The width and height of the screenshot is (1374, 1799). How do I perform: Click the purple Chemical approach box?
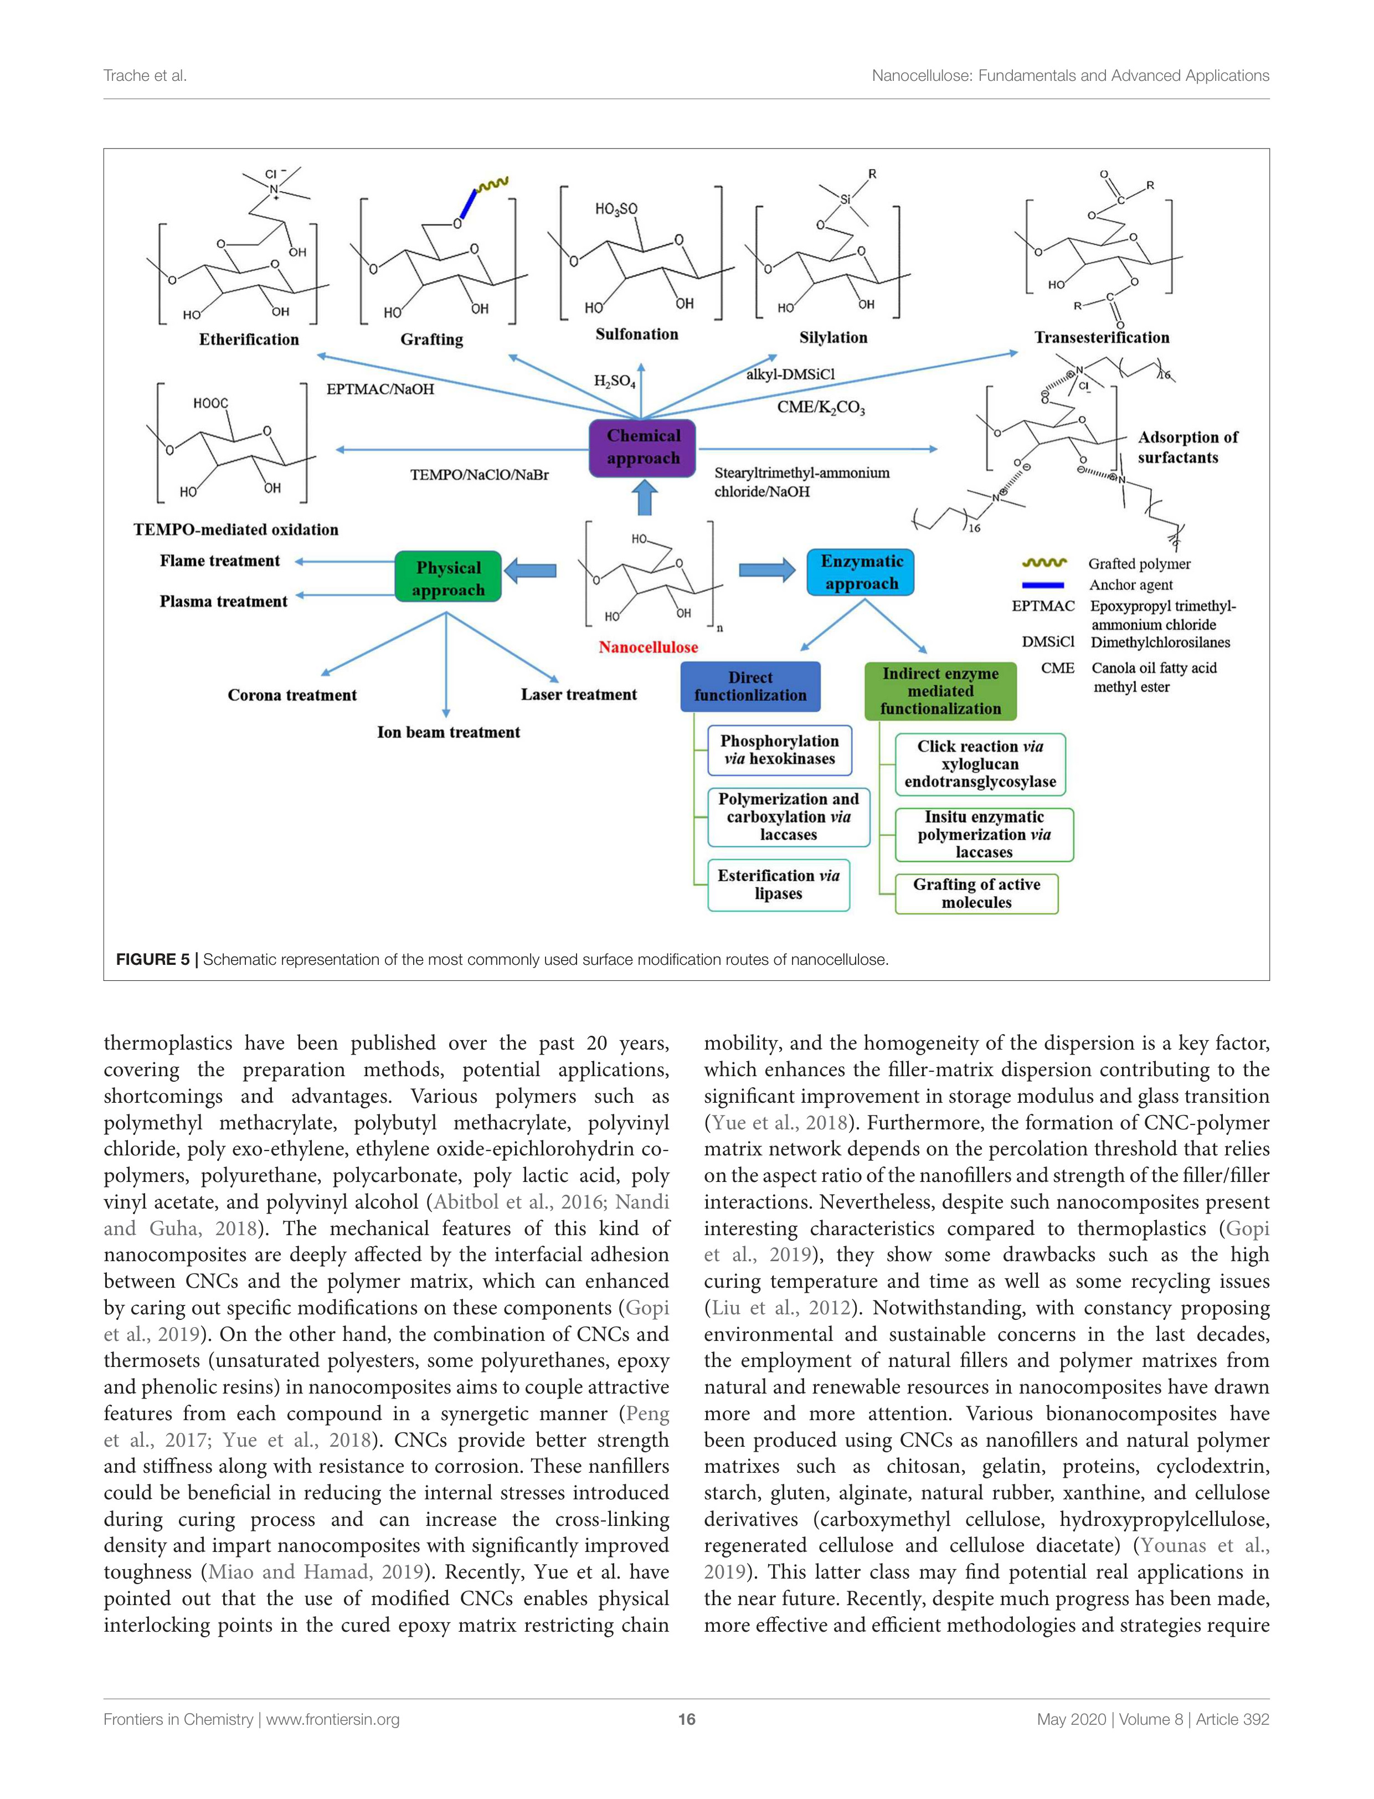(x=643, y=448)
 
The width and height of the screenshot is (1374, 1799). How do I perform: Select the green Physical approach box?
(x=447, y=578)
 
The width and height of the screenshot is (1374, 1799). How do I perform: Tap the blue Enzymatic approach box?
(x=861, y=572)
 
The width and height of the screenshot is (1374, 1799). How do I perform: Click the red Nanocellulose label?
(x=648, y=647)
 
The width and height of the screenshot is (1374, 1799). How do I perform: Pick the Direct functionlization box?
(x=750, y=686)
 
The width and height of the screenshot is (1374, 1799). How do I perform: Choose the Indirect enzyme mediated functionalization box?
(x=940, y=691)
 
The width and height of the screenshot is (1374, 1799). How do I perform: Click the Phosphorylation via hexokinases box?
(x=779, y=750)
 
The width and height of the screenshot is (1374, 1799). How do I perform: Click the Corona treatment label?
(x=292, y=695)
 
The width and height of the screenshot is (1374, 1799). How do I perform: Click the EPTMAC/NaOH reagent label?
(x=380, y=389)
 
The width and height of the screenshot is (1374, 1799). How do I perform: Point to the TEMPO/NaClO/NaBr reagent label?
(x=479, y=474)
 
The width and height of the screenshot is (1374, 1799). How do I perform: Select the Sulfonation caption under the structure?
(x=636, y=333)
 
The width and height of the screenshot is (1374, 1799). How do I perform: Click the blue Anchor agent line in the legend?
(x=1043, y=585)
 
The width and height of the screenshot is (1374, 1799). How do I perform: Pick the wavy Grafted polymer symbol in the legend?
(x=1044, y=563)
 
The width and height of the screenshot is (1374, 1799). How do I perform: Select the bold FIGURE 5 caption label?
(x=152, y=959)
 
